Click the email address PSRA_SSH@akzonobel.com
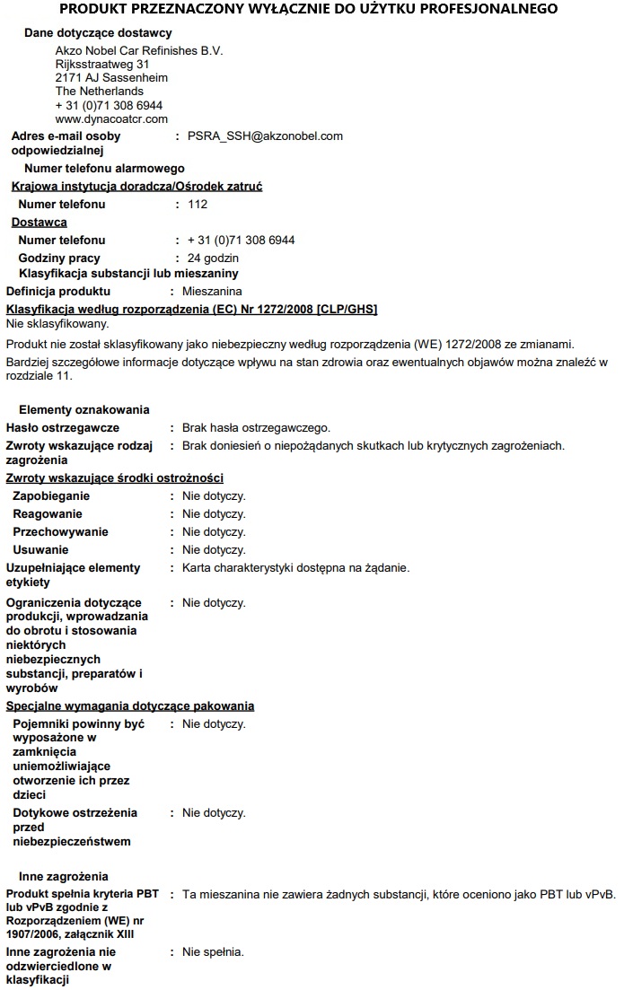point(265,136)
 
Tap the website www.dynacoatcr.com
point(111,118)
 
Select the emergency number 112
point(198,205)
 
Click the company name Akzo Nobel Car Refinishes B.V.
point(139,51)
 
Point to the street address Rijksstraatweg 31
point(102,65)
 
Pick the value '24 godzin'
point(214,258)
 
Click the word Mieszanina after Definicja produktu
point(212,292)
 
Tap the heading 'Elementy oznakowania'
point(84,410)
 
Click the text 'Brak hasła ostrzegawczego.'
point(257,428)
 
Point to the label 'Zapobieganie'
point(51,496)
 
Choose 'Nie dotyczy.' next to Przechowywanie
point(214,532)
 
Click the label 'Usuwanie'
point(40,550)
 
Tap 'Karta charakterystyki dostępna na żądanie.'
point(295,568)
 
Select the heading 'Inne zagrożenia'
point(64,876)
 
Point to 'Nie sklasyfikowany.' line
point(57,323)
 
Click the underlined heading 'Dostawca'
point(39,223)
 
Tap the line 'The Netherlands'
point(100,92)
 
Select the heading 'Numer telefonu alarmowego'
point(104,169)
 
